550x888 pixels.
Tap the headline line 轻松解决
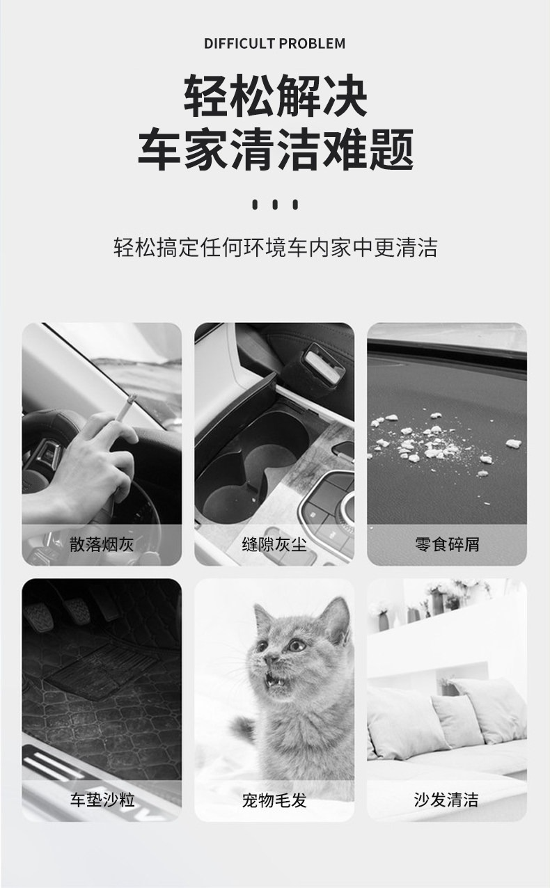pyautogui.click(x=275, y=96)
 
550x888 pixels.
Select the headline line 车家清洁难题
pyautogui.click(x=275, y=150)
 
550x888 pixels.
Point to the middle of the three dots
pyautogui.click(x=275, y=205)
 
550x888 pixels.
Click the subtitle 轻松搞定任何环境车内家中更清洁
pyautogui.click(x=275, y=247)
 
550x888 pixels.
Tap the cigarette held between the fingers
pyautogui.click(x=125, y=408)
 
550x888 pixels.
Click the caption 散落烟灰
pyautogui.click(x=102, y=544)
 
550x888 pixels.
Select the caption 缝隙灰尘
pyautogui.click(x=274, y=544)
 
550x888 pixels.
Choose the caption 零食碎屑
pyautogui.click(x=447, y=544)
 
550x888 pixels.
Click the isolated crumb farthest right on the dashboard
pyautogui.click(x=513, y=443)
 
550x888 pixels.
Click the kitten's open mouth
pyautogui.click(x=275, y=679)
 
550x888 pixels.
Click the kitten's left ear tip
pyautogui.click(x=256, y=606)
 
